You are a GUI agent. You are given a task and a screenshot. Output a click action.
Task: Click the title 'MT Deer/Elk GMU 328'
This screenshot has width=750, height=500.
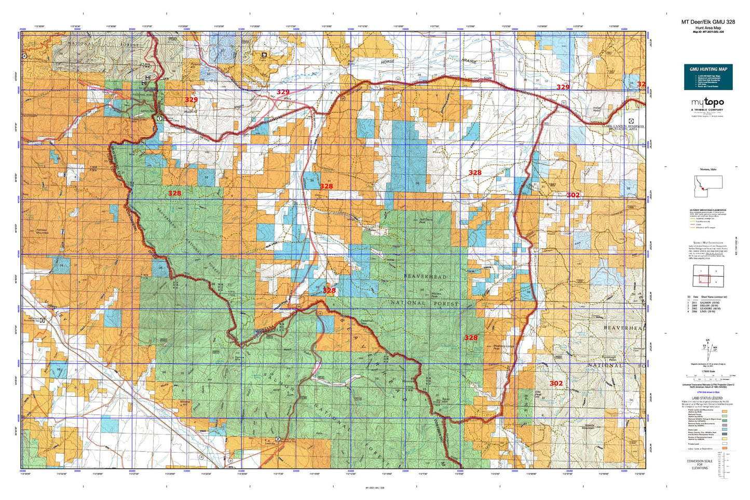coord(708,22)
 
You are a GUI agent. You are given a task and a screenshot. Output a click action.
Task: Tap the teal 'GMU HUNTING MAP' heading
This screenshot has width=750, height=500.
coord(708,69)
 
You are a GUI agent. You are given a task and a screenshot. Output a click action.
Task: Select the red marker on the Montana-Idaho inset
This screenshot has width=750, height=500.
coord(702,190)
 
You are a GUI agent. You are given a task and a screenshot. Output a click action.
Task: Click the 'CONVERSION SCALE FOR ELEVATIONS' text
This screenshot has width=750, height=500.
coord(699,464)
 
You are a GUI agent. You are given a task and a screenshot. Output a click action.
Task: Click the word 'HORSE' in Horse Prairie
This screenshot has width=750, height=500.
coord(388,61)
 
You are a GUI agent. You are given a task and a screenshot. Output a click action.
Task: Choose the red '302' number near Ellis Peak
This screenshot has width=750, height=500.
coord(556,384)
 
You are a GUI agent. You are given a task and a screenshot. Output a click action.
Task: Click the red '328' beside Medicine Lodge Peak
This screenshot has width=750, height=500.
coord(471,337)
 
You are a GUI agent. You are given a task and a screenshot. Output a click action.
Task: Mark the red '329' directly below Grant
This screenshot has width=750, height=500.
coord(563,87)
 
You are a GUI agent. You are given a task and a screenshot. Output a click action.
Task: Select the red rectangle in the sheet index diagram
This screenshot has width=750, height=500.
coord(702,279)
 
